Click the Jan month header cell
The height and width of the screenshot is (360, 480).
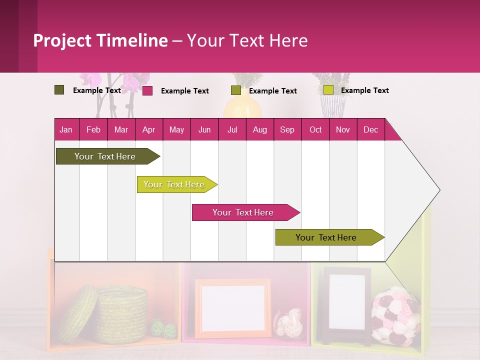(x=66, y=129)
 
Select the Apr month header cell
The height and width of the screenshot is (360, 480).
(x=149, y=129)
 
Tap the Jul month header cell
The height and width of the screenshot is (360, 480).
(x=232, y=129)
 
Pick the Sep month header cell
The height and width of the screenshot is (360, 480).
(x=287, y=129)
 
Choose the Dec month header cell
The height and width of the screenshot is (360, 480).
(x=370, y=129)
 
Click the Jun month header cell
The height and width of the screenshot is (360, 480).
(x=204, y=129)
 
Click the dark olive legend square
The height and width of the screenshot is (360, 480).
(x=59, y=90)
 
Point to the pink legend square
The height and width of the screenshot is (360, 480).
(x=147, y=90)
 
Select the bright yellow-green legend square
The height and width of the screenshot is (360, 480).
(x=328, y=90)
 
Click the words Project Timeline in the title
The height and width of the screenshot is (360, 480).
(x=100, y=40)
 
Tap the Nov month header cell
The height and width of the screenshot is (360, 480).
(x=343, y=129)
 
